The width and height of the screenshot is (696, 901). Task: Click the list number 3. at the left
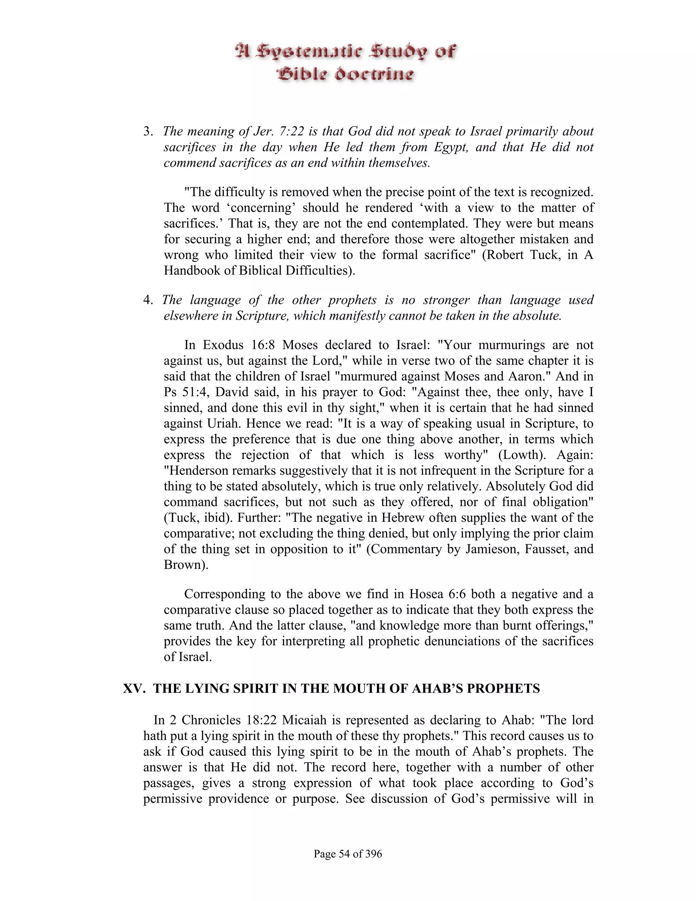coord(149,132)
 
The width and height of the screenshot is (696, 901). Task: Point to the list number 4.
coord(149,300)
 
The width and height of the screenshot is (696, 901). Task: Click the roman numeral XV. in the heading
coord(134,688)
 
